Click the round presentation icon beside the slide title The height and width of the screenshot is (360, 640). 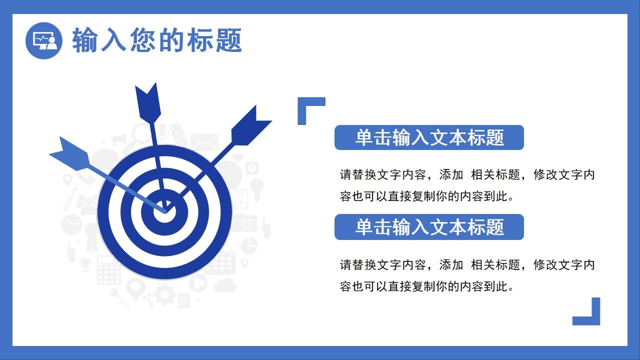pos(43,40)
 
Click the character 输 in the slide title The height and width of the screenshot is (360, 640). pos(85,40)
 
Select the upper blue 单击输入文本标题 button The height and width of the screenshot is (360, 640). pos(428,137)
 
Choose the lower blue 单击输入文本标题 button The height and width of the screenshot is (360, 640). pos(428,227)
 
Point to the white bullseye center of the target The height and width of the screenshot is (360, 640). pos(165,211)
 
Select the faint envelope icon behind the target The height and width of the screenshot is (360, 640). pos(204,142)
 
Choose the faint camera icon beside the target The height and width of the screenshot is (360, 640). pos(244,222)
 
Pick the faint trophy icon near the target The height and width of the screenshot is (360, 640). pos(85,263)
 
